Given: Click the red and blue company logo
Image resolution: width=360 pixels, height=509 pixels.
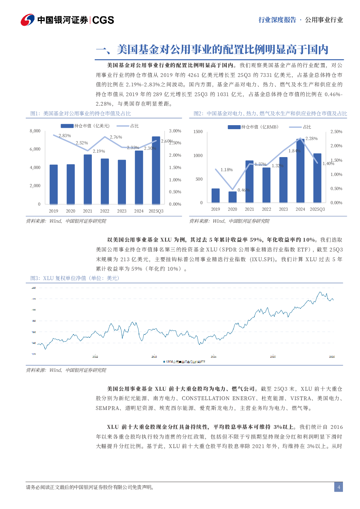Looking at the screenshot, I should [27, 20].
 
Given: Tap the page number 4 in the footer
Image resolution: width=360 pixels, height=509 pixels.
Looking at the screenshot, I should [339, 487].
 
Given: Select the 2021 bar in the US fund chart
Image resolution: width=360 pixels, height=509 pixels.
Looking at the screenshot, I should [87, 179].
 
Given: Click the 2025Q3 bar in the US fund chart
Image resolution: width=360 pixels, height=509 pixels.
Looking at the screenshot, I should [156, 170].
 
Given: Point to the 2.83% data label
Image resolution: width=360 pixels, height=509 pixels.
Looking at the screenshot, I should [65, 136].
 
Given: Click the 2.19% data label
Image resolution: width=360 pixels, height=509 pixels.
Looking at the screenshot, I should [99, 151].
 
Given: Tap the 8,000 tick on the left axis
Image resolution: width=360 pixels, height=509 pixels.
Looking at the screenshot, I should [35, 131].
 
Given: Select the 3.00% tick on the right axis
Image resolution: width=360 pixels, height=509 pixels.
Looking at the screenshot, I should [175, 131].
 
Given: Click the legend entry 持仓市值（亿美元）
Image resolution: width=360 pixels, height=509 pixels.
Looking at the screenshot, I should [85, 126].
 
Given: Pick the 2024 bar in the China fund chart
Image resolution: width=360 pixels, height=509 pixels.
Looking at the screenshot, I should [300, 171].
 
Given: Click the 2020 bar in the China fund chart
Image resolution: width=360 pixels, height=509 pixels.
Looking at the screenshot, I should [232, 197].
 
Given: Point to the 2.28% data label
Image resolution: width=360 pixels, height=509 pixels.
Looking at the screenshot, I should [311, 139].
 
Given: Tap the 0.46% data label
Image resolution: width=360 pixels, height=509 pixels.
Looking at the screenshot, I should [244, 190].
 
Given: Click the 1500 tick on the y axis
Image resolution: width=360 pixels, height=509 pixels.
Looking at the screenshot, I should [198, 132].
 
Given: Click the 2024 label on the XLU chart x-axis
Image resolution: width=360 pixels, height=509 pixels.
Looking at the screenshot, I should [213, 357].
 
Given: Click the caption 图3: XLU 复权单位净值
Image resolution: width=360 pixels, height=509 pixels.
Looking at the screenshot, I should [74, 278].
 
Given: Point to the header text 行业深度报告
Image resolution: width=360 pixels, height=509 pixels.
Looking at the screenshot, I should [277, 20].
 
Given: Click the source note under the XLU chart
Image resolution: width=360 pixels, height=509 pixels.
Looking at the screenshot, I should [66, 370].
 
